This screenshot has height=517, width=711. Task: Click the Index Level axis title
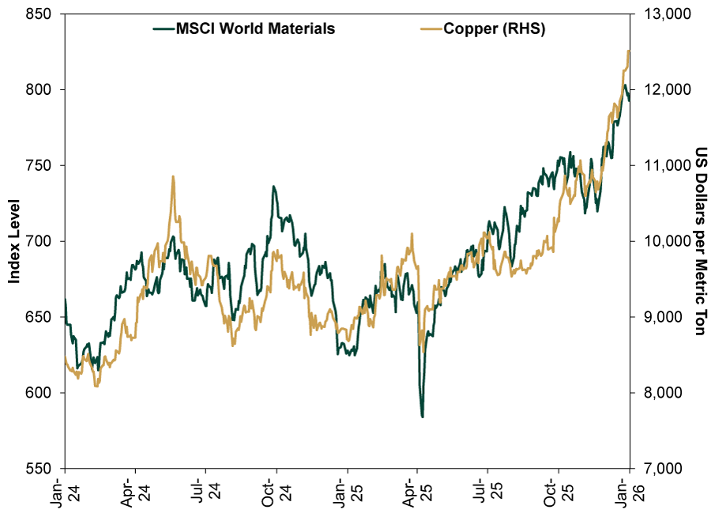[x=13, y=241]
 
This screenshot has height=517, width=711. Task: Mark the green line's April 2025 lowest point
[x=423, y=417]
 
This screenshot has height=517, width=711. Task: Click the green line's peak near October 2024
[x=273, y=187]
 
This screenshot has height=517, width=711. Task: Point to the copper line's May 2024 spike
[x=172, y=176]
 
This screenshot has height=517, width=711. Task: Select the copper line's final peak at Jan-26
[x=628, y=51]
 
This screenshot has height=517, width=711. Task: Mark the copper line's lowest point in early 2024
[x=96, y=386]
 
